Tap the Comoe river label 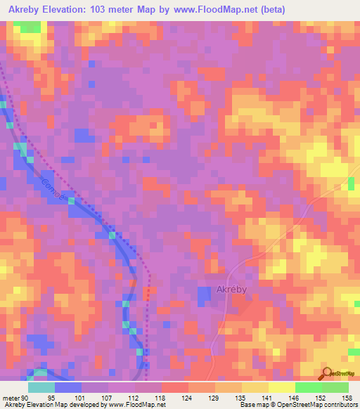[52, 190]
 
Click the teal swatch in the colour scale [41, 387]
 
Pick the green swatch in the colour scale [309, 387]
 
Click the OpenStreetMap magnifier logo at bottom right [327, 374]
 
